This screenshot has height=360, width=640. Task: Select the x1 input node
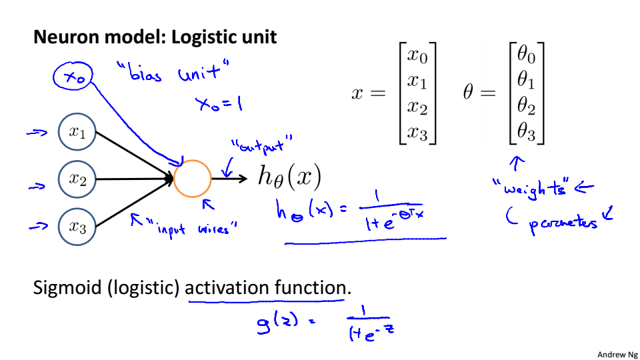coord(77,132)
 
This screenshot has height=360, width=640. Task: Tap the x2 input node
coord(77,179)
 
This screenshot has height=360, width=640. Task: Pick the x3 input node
coord(77,227)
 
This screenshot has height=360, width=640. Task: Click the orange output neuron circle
coord(193,179)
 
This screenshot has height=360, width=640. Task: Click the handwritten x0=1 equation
coord(218,104)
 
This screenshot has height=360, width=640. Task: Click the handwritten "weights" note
coord(531,189)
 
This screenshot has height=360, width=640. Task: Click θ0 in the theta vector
coord(526,56)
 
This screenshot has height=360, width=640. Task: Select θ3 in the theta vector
coord(526,133)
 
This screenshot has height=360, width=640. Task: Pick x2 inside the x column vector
coord(417,107)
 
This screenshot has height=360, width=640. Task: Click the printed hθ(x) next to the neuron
coord(289,177)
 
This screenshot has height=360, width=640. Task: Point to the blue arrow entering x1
coord(35,133)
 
